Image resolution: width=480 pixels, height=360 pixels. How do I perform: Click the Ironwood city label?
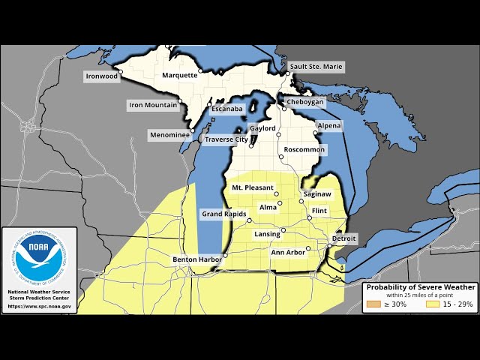tap(102, 76)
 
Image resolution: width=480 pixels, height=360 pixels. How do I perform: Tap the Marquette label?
tap(180, 75)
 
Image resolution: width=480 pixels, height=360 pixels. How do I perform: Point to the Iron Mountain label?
tap(152, 105)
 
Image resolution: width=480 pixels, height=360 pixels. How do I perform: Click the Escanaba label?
tap(226, 109)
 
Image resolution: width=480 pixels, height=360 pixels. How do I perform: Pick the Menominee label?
tap(169, 136)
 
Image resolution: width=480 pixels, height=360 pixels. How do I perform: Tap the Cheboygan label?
tap(304, 102)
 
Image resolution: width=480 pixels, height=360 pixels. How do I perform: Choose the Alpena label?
tap(328, 125)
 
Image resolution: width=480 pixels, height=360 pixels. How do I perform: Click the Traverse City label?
tap(226, 139)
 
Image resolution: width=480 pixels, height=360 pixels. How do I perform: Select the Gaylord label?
tap(262, 128)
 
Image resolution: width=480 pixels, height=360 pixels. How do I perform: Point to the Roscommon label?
tap(304, 150)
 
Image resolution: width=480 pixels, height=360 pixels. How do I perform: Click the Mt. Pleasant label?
tap(252, 187)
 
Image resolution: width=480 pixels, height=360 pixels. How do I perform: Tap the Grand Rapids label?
tap(224, 214)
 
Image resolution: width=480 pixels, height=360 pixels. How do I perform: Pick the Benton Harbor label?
tap(196, 259)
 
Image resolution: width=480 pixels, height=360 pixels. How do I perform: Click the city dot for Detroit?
tap(329, 245)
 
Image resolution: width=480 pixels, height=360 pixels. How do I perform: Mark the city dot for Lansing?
tap(283, 229)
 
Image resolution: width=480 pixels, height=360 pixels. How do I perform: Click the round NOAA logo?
tap(40, 257)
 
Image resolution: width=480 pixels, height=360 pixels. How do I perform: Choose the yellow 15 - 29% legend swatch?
tap(433, 304)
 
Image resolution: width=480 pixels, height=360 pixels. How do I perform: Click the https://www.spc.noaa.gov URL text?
tap(40, 306)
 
